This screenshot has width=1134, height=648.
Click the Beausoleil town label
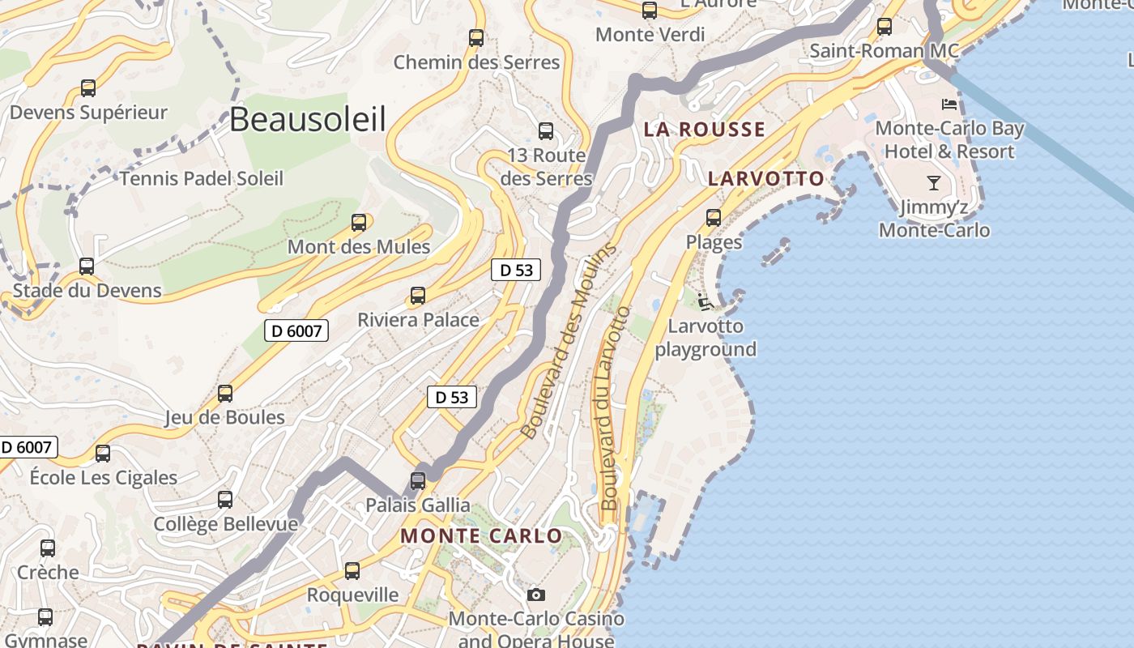click(x=307, y=119)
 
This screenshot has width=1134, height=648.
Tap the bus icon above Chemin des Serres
click(x=476, y=37)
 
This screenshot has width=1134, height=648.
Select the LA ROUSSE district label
click(x=704, y=129)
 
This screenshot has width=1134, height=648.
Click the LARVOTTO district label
click(x=765, y=178)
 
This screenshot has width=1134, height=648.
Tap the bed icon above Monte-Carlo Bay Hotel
click(x=949, y=104)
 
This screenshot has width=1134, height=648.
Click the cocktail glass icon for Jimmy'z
click(x=934, y=183)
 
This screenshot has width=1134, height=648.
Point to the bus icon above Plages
click(x=714, y=217)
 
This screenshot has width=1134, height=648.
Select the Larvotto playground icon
click(x=705, y=303)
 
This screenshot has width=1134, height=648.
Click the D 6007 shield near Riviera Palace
click(x=296, y=330)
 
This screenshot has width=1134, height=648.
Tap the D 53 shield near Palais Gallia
click(x=452, y=397)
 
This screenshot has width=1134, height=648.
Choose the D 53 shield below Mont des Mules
click(x=516, y=270)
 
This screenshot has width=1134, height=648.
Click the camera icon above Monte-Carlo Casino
click(x=535, y=595)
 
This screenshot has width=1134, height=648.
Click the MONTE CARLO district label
click(x=481, y=535)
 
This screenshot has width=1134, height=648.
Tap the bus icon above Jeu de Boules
click(x=225, y=394)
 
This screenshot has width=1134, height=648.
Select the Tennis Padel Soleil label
click(x=202, y=178)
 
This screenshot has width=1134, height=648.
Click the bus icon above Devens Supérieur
click(x=88, y=88)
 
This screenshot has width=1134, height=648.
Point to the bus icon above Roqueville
click(x=352, y=571)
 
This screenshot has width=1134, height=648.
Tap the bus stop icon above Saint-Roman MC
click(x=885, y=27)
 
